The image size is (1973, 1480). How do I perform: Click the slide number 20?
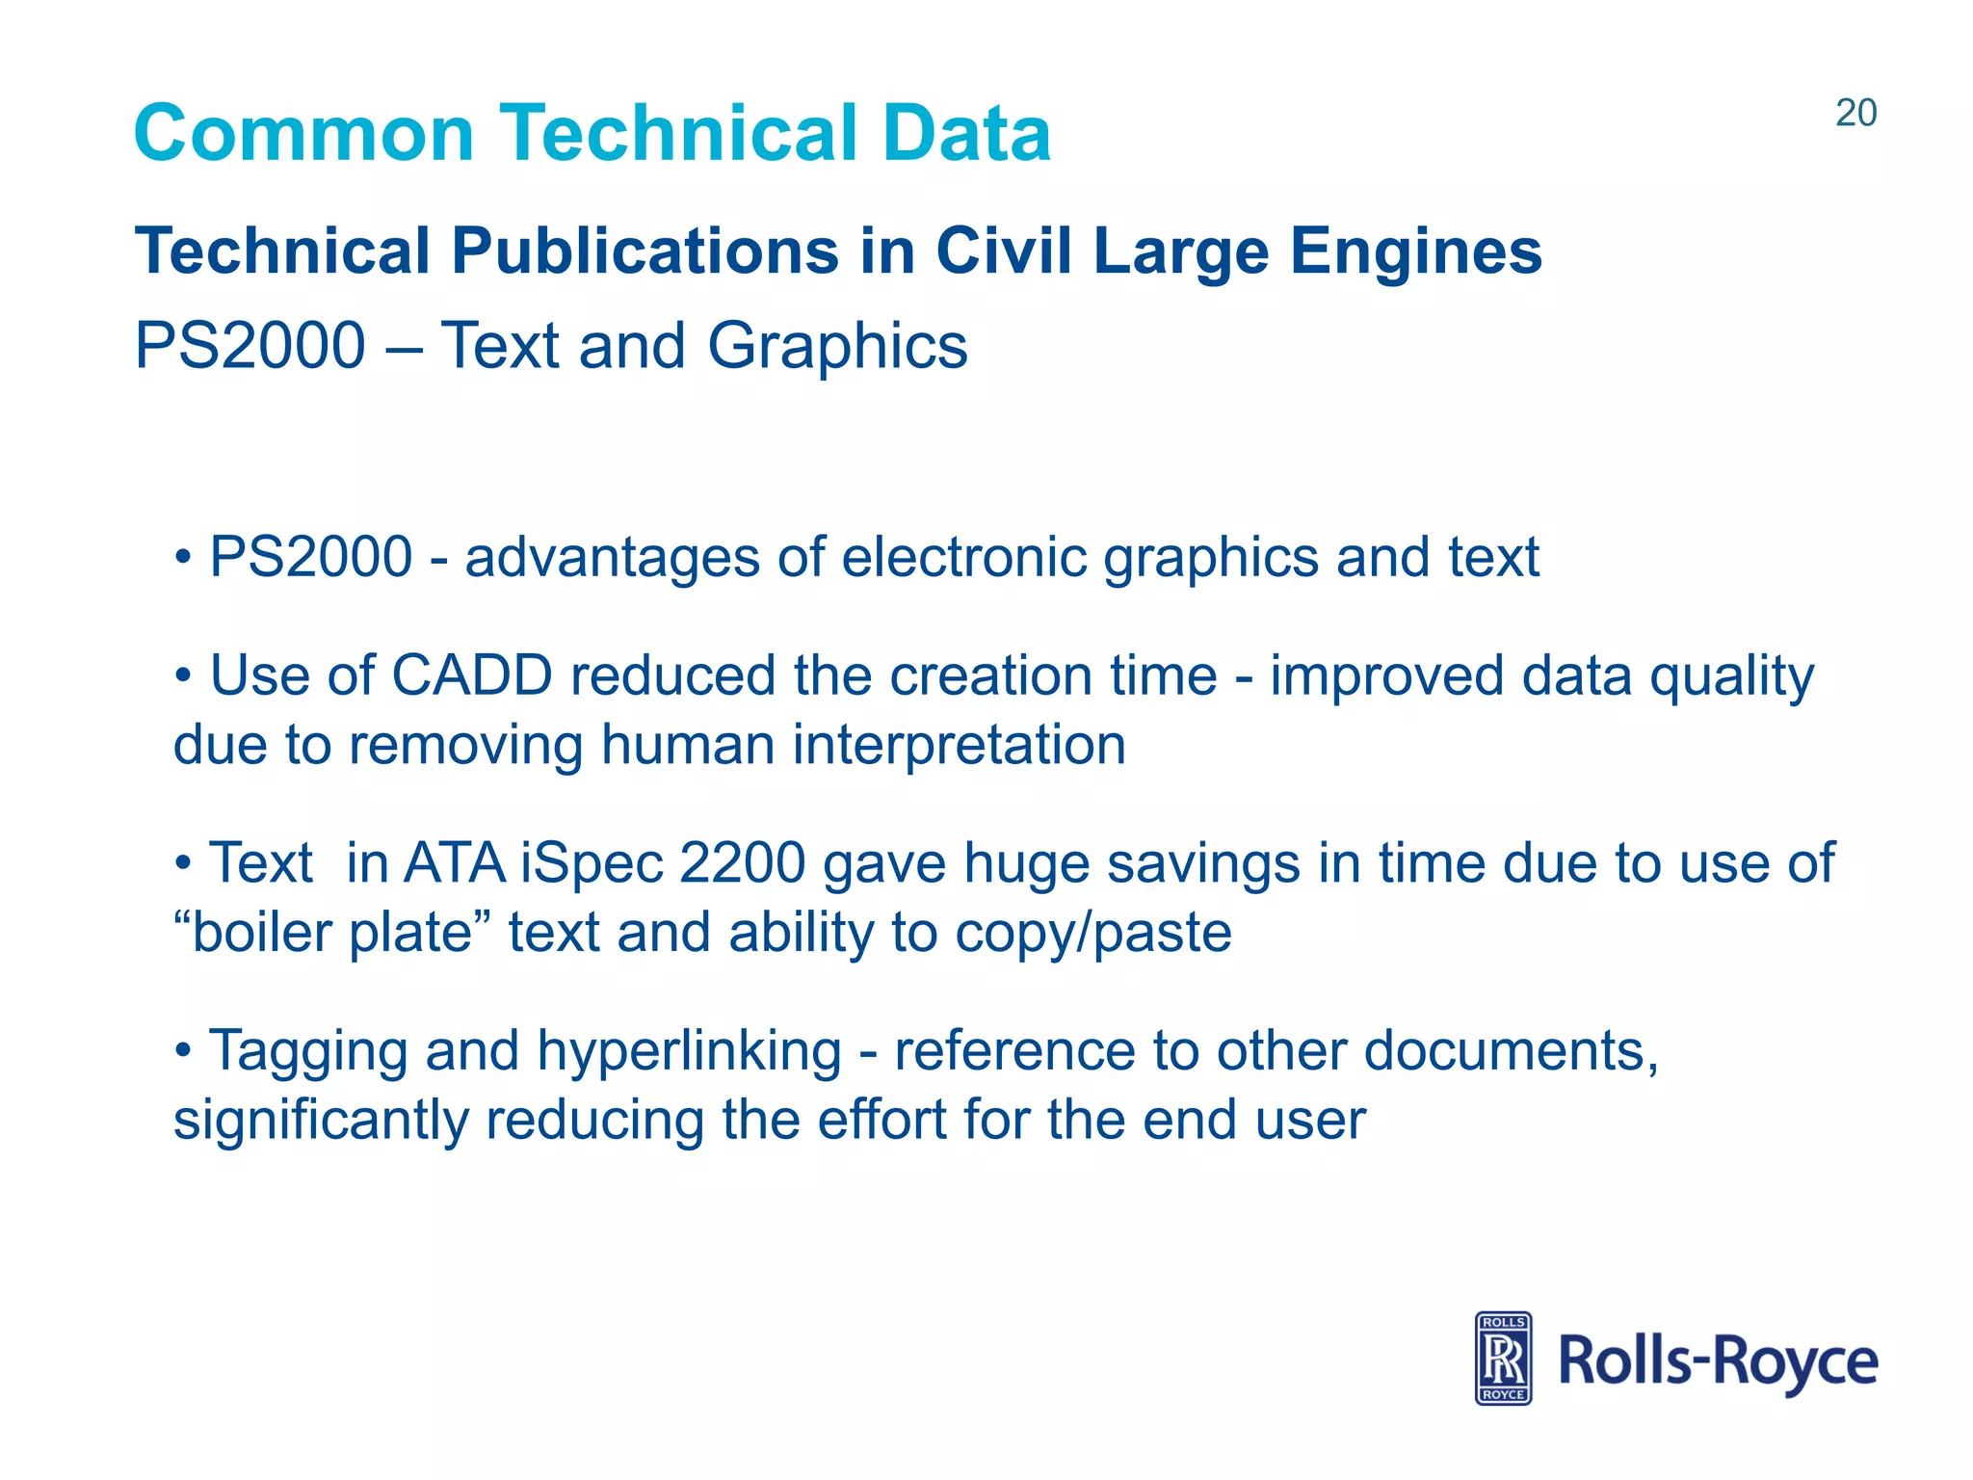(x=1855, y=114)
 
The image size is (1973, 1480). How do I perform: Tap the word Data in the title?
(x=966, y=133)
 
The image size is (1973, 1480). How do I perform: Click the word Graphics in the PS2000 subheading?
(x=837, y=346)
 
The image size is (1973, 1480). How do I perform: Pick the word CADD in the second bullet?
(x=472, y=675)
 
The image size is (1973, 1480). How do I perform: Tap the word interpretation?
(x=959, y=745)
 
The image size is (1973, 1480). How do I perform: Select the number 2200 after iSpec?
(x=742, y=862)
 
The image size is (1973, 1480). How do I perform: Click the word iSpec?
(x=592, y=862)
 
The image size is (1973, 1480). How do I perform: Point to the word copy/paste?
(x=1093, y=933)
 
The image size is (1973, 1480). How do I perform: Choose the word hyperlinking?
(x=690, y=1050)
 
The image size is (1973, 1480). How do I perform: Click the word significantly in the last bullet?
(x=321, y=1120)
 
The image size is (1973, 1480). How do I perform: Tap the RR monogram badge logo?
(x=1503, y=1358)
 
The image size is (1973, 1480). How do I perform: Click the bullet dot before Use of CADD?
(x=184, y=675)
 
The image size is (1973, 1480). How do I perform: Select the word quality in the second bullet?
(x=1731, y=675)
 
